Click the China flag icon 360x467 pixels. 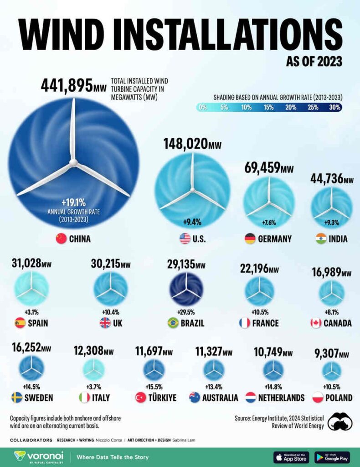coord(61,239)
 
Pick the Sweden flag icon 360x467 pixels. coord(17,397)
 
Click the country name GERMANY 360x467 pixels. coord(274,239)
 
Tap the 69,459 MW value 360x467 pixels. coord(269,168)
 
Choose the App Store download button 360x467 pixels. coord(291,457)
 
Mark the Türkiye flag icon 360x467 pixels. coord(140,397)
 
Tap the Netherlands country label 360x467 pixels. coord(281,398)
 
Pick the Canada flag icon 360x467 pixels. coord(316,323)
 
